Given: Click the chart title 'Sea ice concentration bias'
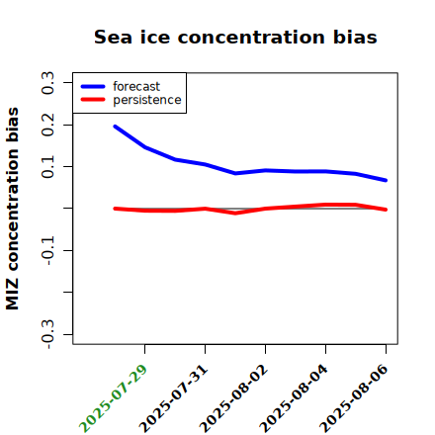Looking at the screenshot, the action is pyautogui.click(x=235, y=37).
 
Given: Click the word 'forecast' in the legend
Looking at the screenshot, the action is pyautogui.click(x=136, y=86).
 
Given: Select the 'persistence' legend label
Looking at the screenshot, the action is pyautogui.click(x=147, y=100).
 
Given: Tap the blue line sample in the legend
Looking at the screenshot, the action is pyautogui.click(x=93, y=86).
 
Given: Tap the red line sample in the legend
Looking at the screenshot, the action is pyautogui.click(x=93, y=100).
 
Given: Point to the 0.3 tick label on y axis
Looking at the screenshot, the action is pyautogui.click(x=47, y=83).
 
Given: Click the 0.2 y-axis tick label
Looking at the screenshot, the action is pyautogui.click(x=47, y=125).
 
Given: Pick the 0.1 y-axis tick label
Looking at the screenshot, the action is pyautogui.click(x=47, y=167).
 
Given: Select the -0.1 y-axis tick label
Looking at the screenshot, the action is pyautogui.click(x=47, y=251).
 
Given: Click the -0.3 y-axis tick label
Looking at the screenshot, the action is pyautogui.click(x=47, y=334).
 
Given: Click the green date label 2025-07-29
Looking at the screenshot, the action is pyautogui.click(x=113, y=398).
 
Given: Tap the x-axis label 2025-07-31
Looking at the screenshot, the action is pyautogui.click(x=173, y=398).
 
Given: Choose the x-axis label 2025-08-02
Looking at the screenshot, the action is pyautogui.click(x=233, y=398).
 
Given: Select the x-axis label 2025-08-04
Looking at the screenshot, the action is pyautogui.click(x=294, y=398).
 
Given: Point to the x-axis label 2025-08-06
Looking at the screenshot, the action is pyautogui.click(x=354, y=398).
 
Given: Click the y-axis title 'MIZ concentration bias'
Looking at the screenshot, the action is pyautogui.click(x=13, y=209).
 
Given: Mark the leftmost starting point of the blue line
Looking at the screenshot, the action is pyautogui.click(x=115, y=127).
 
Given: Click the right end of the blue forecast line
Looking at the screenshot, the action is pyautogui.click(x=386, y=180).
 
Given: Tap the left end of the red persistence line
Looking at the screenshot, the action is pyautogui.click(x=115, y=209).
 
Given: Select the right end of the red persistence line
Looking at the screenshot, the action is pyautogui.click(x=386, y=210).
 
